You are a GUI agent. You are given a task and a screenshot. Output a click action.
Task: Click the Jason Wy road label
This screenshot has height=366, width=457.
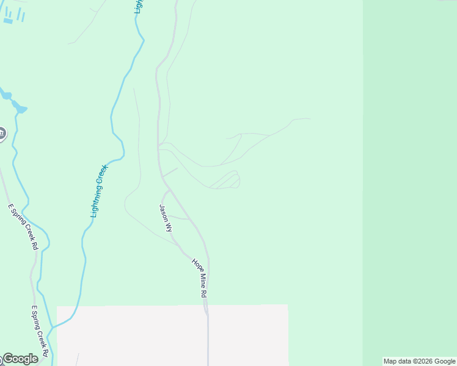(x=166, y=218)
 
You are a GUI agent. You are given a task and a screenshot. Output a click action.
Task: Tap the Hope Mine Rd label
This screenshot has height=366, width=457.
(x=200, y=278)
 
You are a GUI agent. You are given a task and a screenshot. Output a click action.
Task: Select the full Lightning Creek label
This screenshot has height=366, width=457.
(x=98, y=191)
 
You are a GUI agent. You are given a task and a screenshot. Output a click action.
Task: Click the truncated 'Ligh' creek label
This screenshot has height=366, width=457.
(x=139, y=6)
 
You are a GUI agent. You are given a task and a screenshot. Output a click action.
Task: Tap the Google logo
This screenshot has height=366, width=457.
(x=20, y=359)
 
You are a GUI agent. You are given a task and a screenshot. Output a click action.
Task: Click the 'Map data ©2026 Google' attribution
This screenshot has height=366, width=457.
(x=419, y=361)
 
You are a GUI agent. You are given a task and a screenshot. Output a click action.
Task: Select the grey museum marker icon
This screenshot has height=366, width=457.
(x=1, y=134)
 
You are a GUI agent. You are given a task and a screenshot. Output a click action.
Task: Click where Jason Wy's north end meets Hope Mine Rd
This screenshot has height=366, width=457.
(x=169, y=190)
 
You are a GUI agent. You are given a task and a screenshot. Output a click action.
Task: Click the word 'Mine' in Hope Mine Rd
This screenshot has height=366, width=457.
(x=200, y=279)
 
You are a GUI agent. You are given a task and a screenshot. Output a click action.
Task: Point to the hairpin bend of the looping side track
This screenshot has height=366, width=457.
(x=238, y=180)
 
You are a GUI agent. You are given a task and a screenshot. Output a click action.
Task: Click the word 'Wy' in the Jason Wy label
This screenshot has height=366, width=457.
(x=168, y=227)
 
